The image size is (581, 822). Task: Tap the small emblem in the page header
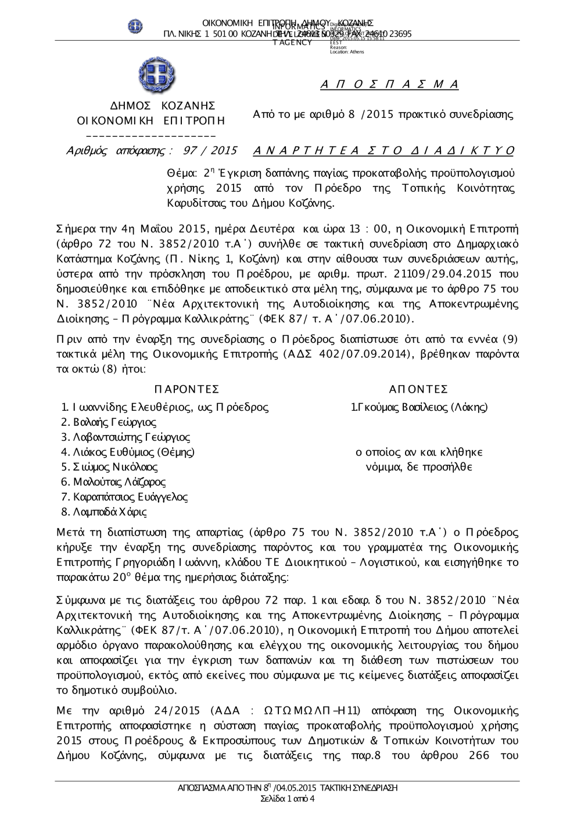[135, 26]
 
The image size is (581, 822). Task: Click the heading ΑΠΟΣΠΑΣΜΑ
[389, 85]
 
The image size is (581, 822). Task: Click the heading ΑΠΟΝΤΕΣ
[418, 389]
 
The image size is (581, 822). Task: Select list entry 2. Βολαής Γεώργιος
[109, 422]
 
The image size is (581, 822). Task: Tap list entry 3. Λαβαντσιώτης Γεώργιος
[125, 437]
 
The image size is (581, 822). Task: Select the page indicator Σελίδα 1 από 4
[288, 799]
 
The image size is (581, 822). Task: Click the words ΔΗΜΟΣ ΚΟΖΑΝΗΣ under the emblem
[163, 106]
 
